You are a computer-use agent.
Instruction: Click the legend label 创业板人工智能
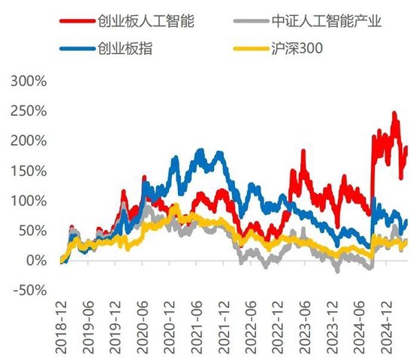146,20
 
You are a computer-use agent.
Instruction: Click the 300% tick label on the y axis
29,80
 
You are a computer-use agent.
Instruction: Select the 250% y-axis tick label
29,110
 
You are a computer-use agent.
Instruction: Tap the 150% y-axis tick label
29,171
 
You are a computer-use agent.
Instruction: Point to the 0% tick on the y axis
35,260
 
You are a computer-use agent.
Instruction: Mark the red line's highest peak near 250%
394,113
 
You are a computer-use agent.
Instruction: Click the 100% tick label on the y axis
29,201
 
